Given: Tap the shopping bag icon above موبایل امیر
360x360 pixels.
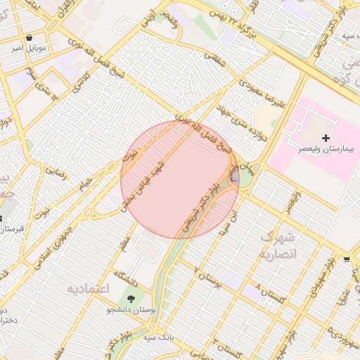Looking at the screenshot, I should pos(29,37).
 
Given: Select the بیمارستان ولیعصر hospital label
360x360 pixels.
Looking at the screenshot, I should pos(326,150).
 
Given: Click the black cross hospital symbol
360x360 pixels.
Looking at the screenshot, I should pos(326,138).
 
